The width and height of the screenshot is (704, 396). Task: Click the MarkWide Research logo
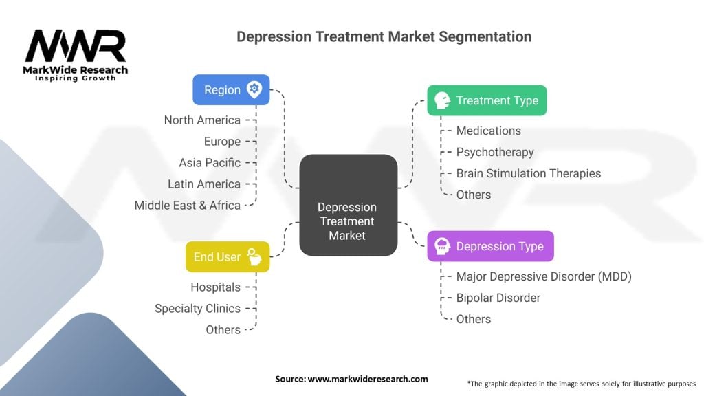(76, 55)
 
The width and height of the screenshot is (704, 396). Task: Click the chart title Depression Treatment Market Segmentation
(384, 36)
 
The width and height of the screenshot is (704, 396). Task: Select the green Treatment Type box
(487, 100)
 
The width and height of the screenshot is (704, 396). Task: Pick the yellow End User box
(228, 256)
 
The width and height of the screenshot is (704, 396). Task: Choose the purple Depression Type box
(490, 246)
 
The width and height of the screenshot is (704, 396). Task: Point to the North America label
(202, 120)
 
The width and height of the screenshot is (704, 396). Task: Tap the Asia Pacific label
(210, 163)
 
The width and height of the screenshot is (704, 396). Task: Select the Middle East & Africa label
(188, 206)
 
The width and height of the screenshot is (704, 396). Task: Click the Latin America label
(204, 184)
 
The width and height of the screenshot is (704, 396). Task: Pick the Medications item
(488, 131)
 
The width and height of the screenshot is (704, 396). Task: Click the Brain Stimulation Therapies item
(528, 173)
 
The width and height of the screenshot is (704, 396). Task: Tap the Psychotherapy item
(494, 152)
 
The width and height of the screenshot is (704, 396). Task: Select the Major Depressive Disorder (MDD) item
(543, 276)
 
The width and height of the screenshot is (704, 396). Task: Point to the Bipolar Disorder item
(498, 298)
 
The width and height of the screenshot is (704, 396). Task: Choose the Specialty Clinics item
(197, 309)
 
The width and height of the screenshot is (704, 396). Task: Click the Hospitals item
(215, 287)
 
